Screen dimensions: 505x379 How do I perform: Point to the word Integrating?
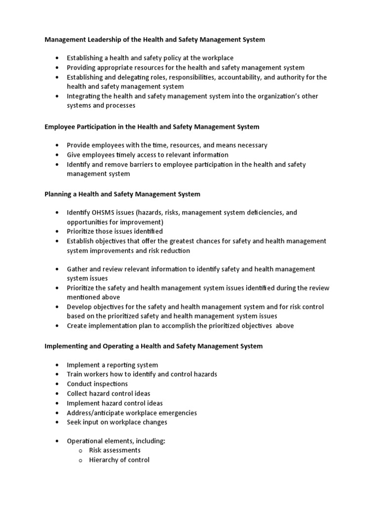pos(84,96)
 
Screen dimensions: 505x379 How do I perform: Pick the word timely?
pos(137,155)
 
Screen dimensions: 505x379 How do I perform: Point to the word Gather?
pos(77,269)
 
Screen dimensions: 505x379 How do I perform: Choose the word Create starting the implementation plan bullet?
pos(77,325)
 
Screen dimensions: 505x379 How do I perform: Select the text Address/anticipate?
pos(96,412)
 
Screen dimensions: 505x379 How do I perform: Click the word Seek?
pos(75,422)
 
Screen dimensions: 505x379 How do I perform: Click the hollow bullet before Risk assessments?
pos(80,451)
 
